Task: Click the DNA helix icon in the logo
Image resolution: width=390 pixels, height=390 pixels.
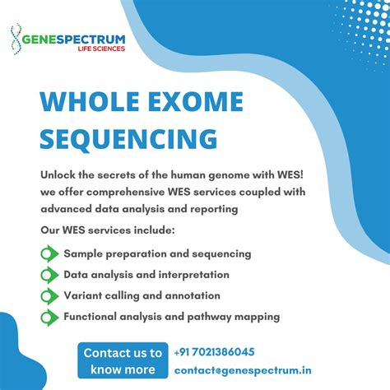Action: [x=16, y=39]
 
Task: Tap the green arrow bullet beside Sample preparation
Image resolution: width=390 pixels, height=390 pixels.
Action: [x=49, y=253]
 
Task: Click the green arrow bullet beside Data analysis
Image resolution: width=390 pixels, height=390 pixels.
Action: [x=49, y=275]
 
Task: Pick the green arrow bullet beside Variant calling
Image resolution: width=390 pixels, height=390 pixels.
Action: [x=49, y=295]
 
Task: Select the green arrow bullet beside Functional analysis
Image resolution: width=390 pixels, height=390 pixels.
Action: [x=49, y=316]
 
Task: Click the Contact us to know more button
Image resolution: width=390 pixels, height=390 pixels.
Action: [x=122, y=360]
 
